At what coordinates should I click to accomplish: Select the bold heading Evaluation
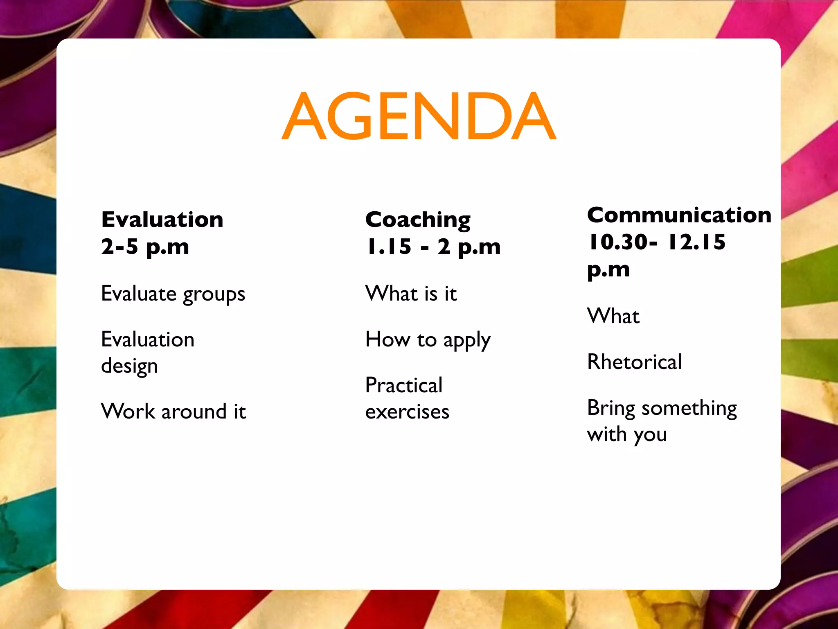coord(162,219)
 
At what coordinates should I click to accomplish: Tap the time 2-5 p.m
coord(145,247)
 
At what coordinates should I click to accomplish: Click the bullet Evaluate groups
coord(173,294)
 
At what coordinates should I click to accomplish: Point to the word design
coord(129,366)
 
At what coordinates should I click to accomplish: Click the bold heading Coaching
coord(418,220)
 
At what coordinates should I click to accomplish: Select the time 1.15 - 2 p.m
coord(433,247)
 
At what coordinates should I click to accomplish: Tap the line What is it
coord(411,294)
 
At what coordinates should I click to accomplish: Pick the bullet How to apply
coord(428,340)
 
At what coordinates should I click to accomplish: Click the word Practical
coord(404,385)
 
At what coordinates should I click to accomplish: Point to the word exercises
coord(407,412)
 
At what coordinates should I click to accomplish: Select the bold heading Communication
coord(679,215)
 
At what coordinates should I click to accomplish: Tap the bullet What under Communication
coord(613,316)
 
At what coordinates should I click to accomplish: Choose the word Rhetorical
coord(634,362)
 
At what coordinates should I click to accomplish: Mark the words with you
coord(627,434)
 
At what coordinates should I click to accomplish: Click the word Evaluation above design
coord(148,339)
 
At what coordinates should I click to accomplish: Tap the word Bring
coord(611,408)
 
